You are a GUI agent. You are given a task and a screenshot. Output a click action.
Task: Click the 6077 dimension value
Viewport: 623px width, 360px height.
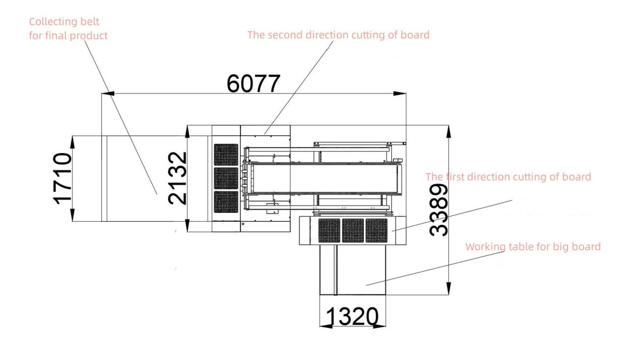(253, 84)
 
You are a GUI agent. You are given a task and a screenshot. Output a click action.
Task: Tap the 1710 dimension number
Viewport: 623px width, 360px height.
(62, 179)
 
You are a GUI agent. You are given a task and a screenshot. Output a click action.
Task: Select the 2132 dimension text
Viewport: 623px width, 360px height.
(177, 178)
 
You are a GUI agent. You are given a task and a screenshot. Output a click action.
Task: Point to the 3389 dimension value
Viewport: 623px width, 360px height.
(439, 210)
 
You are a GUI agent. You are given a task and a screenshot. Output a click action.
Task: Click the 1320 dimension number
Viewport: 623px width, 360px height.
(352, 316)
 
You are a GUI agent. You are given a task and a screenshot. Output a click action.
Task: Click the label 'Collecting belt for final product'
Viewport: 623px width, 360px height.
(68, 29)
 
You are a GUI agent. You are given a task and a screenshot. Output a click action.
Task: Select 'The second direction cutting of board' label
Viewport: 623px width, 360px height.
(338, 35)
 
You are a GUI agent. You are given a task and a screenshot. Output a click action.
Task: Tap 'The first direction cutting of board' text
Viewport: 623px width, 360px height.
(508, 177)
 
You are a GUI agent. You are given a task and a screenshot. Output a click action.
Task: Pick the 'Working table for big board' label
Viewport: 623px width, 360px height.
(533, 247)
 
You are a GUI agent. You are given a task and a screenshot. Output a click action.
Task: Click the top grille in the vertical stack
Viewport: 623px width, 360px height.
(226, 155)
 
